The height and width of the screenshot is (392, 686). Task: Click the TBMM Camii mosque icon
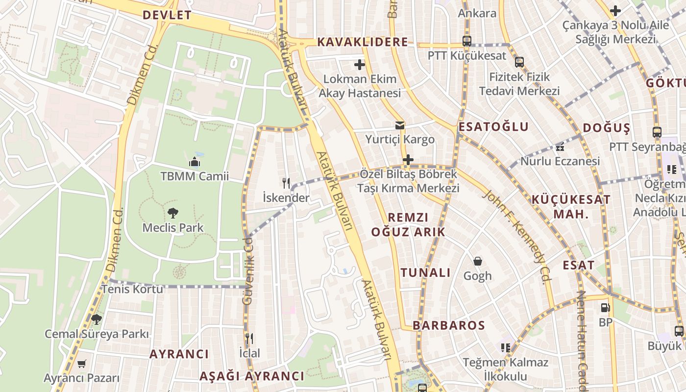coord(195,162)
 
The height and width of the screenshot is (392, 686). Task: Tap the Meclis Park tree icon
coord(172,213)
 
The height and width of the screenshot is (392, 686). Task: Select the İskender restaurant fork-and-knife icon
coord(286,183)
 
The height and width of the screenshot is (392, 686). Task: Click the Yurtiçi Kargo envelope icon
coord(400,125)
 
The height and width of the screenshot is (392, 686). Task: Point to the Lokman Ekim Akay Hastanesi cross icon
coord(360,64)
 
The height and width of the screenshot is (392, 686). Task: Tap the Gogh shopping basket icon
coord(478,261)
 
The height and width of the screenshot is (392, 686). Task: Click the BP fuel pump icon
coord(606,308)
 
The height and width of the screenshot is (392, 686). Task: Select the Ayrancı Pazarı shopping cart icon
coord(82,364)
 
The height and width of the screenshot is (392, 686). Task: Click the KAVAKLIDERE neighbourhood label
coord(362,42)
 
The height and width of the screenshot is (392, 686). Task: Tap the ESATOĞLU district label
coord(493,127)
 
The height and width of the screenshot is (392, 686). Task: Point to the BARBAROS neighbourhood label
coord(449,325)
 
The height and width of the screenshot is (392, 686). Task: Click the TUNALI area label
coord(425,273)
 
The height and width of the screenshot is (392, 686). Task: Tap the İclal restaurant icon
coord(249,339)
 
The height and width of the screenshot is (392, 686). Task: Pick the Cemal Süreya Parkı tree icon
coord(96,319)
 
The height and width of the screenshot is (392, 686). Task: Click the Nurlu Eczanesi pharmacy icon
coord(560,147)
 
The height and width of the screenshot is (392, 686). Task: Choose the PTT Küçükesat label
coord(466,55)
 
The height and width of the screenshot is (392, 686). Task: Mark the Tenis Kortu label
coord(132,289)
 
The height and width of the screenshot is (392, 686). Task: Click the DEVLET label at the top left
coord(167,15)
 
